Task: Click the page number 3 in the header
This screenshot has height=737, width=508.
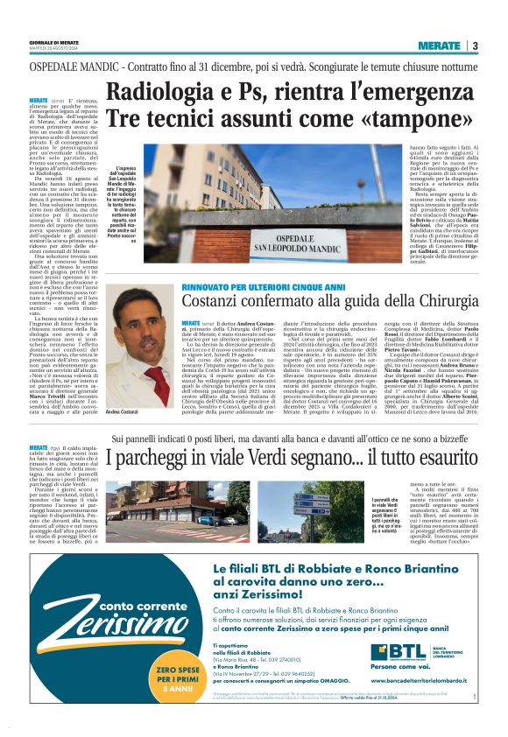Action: click(475, 46)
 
